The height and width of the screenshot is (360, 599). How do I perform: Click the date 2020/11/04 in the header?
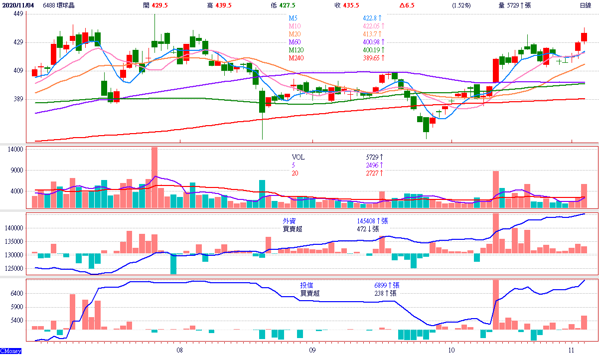[18, 5]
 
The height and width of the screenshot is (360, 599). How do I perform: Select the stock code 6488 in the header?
[49, 5]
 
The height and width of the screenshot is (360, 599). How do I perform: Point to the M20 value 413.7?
[372, 34]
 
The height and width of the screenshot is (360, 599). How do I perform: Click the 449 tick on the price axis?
[18, 14]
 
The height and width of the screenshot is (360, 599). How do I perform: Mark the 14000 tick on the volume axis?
[16, 149]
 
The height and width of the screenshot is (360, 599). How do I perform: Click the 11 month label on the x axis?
[572, 350]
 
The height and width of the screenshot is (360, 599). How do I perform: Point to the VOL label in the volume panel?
[299, 157]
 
